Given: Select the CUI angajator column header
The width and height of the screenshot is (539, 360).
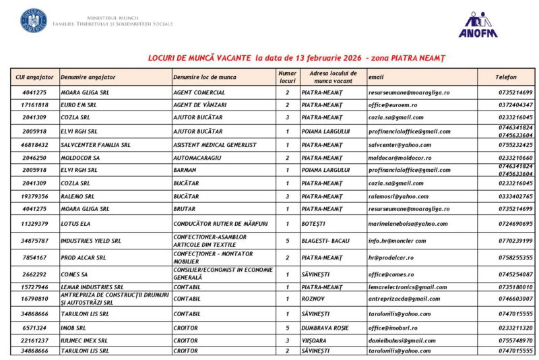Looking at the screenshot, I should (34, 78).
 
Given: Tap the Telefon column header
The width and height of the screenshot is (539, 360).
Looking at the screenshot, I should (506, 78).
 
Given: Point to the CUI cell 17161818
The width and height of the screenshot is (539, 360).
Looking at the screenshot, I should (35, 105).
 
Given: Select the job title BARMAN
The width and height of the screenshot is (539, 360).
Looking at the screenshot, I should (185, 171).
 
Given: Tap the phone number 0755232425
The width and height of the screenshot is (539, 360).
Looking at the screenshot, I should (515, 144).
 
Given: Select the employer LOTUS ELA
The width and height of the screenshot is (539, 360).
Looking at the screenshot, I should (75, 223).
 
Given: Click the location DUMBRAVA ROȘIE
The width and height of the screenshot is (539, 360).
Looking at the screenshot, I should (325, 328).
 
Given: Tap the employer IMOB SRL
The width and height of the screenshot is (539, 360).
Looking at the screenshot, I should (75, 328).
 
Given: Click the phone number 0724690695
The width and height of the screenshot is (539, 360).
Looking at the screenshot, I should (515, 223).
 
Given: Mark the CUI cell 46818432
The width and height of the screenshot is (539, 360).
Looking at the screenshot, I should (35, 144).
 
